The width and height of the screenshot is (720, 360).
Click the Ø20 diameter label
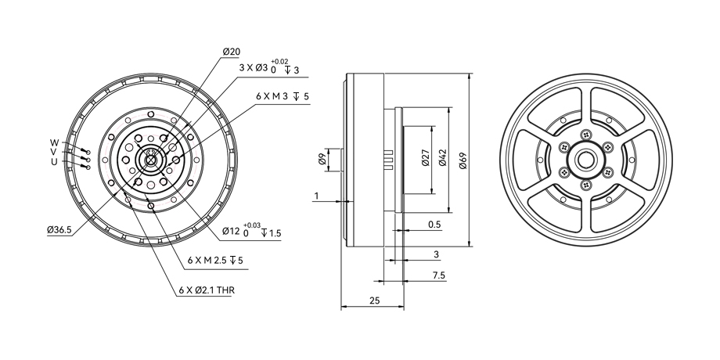coord(231,52)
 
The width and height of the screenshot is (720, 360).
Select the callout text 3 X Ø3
coord(254,68)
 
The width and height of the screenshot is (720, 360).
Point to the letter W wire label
coord(54,142)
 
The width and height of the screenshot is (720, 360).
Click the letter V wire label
coord(54,152)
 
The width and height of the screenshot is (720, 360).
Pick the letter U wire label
coord(54,162)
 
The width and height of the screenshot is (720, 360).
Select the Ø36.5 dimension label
coord(59,230)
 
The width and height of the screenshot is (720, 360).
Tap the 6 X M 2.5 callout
coord(211,260)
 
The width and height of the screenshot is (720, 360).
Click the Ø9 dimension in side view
coord(322,160)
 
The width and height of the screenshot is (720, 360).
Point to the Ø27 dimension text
coord(426,160)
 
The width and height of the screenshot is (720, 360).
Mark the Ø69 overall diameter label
coord(463,160)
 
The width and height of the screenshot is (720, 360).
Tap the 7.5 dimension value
coord(438,275)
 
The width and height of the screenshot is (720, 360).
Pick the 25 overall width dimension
coord(374,301)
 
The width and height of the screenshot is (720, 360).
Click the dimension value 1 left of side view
coord(317,196)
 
